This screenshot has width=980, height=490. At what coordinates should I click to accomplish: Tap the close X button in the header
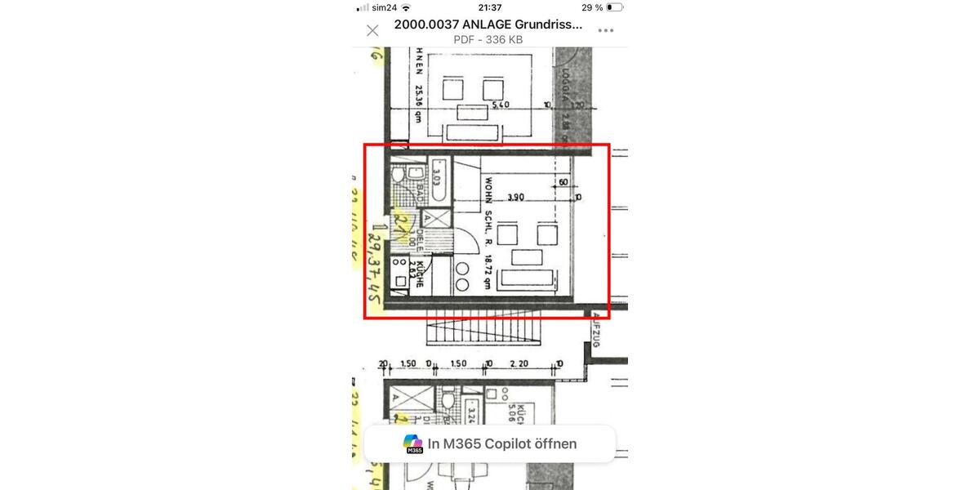tap(372, 31)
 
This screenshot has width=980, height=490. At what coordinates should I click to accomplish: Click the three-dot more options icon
tap(605, 31)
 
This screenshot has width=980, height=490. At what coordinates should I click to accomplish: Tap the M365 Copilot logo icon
tap(413, 444)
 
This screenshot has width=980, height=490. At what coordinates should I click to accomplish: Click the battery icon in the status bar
tap(614, 7)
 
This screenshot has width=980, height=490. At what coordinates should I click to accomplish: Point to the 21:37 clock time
tap(490, 7)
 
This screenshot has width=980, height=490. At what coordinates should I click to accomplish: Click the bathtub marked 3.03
tap(437, 179)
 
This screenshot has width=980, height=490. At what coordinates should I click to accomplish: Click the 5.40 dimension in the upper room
tap(500, 105)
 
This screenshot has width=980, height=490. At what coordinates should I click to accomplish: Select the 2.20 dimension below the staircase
tap(519, 364)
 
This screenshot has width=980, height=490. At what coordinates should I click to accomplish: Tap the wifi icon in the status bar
tap(406, 7)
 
